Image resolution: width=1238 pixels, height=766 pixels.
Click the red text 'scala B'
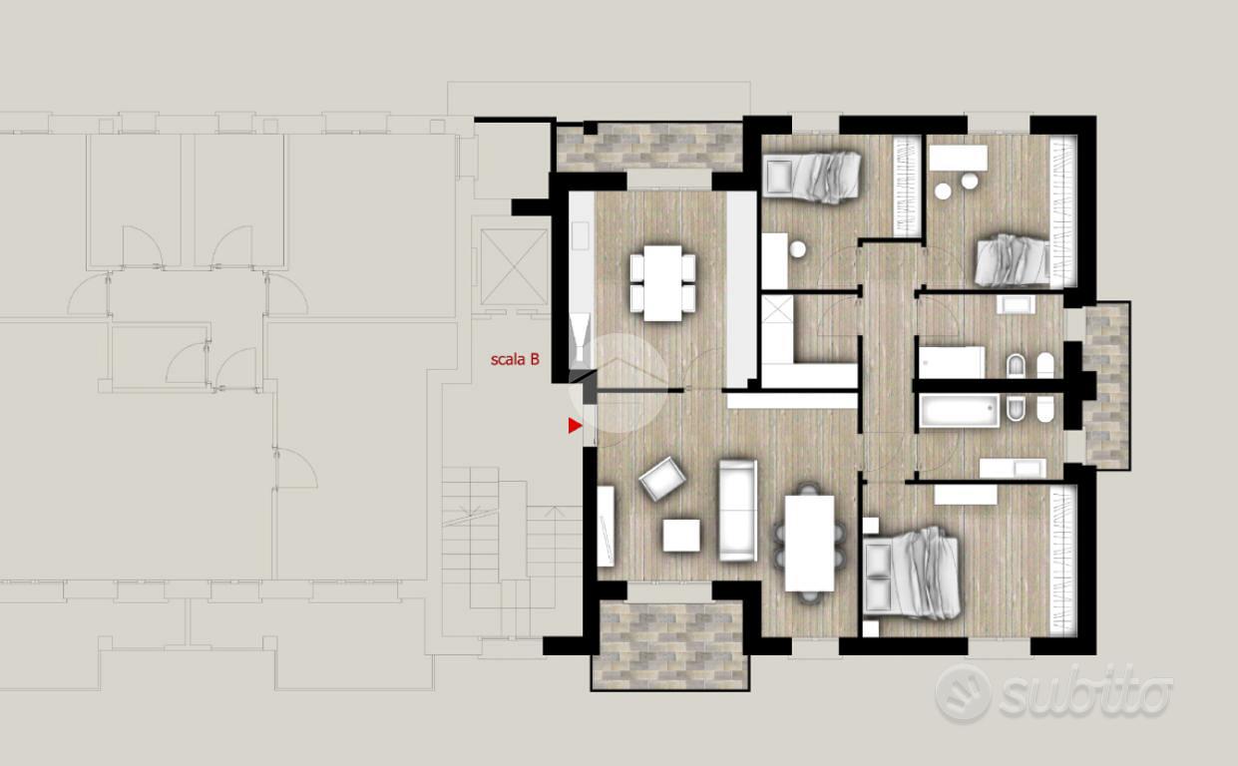tap(515, 359)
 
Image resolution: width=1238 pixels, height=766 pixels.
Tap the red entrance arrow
tap(576, 426)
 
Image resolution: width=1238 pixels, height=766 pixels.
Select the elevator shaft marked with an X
tap(514, 267)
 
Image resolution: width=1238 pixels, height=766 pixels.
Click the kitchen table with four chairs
tap(662, 283)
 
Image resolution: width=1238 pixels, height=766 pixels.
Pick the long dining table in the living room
tap(810, 544)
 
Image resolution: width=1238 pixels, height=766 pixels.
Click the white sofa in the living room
tap(737, 510)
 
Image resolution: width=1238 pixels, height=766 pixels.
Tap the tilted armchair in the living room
tap(662, 478)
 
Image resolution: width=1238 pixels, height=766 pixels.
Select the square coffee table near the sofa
tap(681, 535)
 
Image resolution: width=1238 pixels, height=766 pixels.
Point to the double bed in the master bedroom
tap(912, 574)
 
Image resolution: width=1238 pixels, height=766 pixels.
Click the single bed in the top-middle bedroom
tap(811, 176)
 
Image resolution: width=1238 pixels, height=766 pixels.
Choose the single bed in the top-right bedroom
tap(1013, 260)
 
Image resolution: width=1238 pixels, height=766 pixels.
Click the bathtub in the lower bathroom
tap(959, 412)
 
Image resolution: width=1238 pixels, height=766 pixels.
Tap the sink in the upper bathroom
tap(1016, 304)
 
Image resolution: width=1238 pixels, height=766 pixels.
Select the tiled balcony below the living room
tap(669, 645)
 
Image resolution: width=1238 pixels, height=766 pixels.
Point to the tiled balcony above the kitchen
tap(650, 147)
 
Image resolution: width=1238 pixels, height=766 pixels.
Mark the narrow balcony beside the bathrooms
tap(1107, 385)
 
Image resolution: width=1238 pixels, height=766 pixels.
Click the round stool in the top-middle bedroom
tap(797, 249)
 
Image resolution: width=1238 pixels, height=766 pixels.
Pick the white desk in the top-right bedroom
tap(958, 158)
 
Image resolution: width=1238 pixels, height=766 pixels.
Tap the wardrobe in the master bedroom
tap(1062, 560)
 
